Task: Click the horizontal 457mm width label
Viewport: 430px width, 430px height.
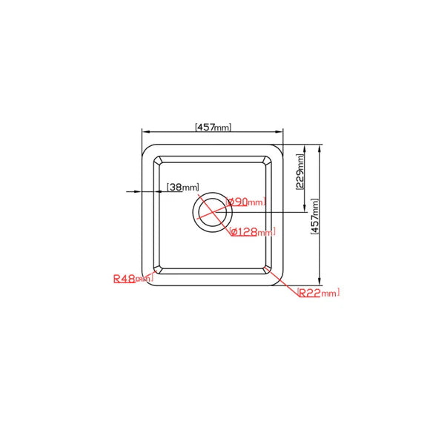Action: click(214, 127)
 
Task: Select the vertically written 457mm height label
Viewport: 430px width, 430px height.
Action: click(316, 216)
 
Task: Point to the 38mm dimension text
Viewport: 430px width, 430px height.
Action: click(183, 187)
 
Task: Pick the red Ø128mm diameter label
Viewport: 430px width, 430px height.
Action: click(253, 231)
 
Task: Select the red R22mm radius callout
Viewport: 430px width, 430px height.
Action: click(317, 293)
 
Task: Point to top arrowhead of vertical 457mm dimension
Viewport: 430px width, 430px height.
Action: click(320, 147)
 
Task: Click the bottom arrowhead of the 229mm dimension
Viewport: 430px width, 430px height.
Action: click(303, 211)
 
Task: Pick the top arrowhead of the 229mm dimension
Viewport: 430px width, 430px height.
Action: click(303, 147)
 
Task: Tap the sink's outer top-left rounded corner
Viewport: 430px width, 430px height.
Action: click(145, 148)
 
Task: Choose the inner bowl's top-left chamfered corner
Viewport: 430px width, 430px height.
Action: click(158, 160)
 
